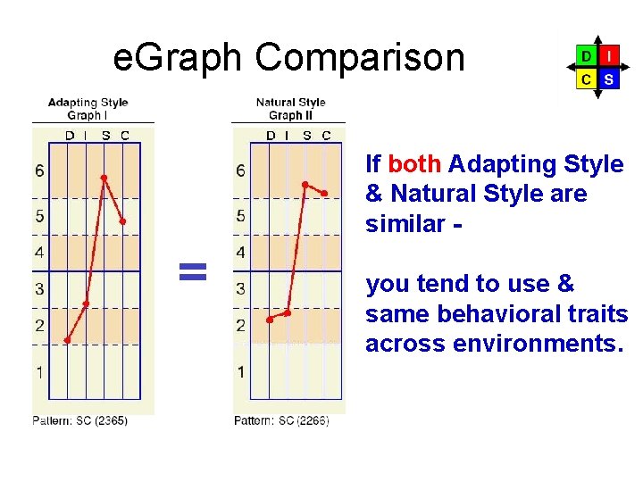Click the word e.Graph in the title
[x=178, y=58]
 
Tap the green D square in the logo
[x=585, y=55]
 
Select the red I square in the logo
[x=608, y=55]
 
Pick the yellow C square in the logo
[x=585, y=79]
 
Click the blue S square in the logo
[x=608, y=79]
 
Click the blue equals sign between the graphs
[x=193, y=271]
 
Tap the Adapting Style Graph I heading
[x=88, y=109]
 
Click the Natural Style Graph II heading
[x=290, y=109]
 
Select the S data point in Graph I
[x=104, y=179]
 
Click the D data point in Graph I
[x=68, y=340]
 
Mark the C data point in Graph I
[x=122, y=221]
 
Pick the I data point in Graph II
[x=288, y=312]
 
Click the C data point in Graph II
[x=325, y=193]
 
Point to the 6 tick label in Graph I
[x=39, y=170]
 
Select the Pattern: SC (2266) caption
[x=280, y=420]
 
